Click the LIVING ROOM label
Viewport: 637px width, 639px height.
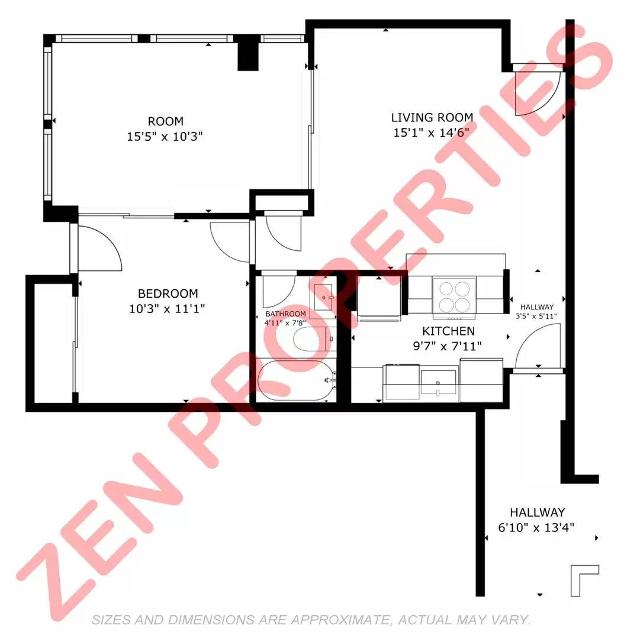[x=432, y=117]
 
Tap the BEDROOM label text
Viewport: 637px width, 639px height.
[x=168, y=293]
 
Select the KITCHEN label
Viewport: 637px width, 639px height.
[x=448, y=331]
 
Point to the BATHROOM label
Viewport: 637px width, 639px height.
[x=285, y=314]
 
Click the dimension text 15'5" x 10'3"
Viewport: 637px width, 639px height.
[x=165, y=136]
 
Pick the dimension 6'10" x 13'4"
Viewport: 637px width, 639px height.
[x=536, y=527]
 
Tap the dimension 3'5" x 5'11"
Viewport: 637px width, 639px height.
[x=536, y=316]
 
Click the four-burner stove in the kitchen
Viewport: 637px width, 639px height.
[x=454, y=296]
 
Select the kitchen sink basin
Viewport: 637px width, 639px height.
[x=438, y=382]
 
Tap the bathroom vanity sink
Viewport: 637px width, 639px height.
[x=324, y=297]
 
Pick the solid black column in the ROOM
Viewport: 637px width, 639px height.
[x=248, y=56]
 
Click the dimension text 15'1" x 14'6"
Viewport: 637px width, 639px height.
[x=431, y=133]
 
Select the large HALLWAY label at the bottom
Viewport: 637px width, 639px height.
[x=537, y=512]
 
